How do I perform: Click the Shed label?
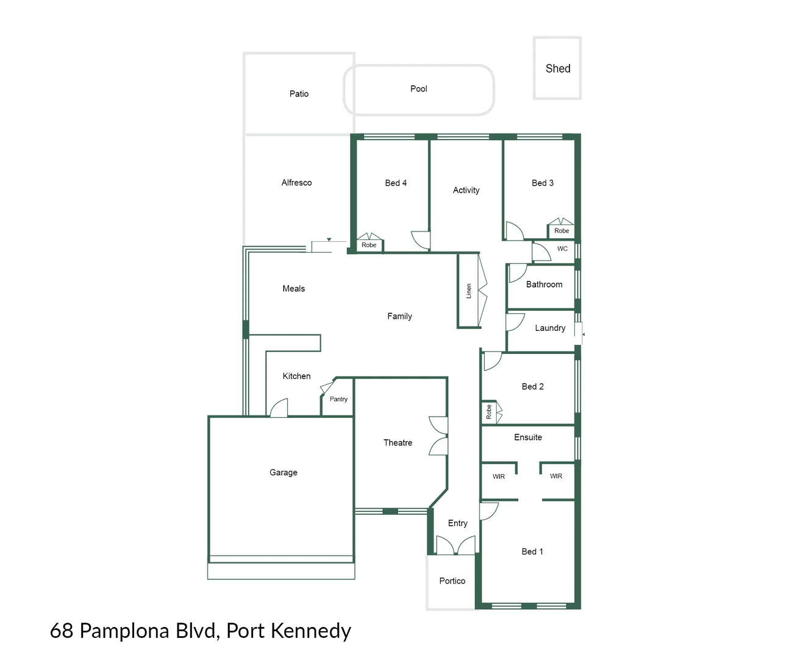pyautogui.click(x=558, y=69)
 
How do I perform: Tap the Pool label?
pyautogui.click(x=418, y=89)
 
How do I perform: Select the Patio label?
pyautogui.click(x=299, y=94)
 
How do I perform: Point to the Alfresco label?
pyautogui.click(x=296, y=183)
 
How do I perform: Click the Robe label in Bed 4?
pyautogui.click(x=369, y=245)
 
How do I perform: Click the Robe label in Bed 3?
pyautogui.click(x=562, y=231)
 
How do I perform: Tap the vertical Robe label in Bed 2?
pyautogui.click(x=488, y=412)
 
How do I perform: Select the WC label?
pyautogui.click(x=562, y=249)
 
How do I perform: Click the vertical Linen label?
pyautogui.click(x=469, y=291)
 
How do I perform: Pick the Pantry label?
pyautogui.click(x=338, y=399)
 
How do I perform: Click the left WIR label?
pyautogui.click(x=499, y=476)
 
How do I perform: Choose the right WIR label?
pyautogui.click(x=556, y=476)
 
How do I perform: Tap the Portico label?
pyautogui.click(x=452, y=581)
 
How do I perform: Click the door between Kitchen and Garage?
pyautogui.click(x=279, y=408)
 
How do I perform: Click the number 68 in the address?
pyautogui.click(x=62, y=631)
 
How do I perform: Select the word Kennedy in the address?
pyautogui.click(x=311, y=631)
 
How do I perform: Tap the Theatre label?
pyautogui.click(x=398, y=443)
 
